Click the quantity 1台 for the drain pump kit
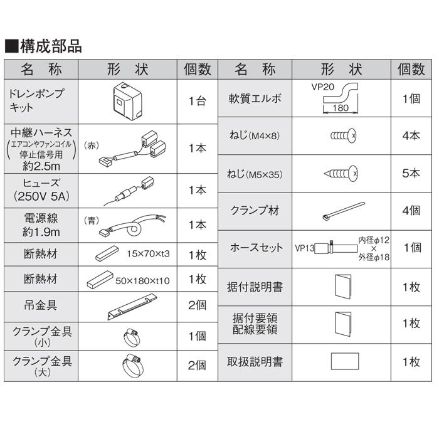point(196,101)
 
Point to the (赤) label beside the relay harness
point(92,144)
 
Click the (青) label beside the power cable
point(92,220)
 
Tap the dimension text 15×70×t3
point(149,253)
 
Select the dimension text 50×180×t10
point(142,280)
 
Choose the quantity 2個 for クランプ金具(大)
point(196,364)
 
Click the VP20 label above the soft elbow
point(322,88)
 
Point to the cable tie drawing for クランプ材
point(342,211)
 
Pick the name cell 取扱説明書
point(254,362)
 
